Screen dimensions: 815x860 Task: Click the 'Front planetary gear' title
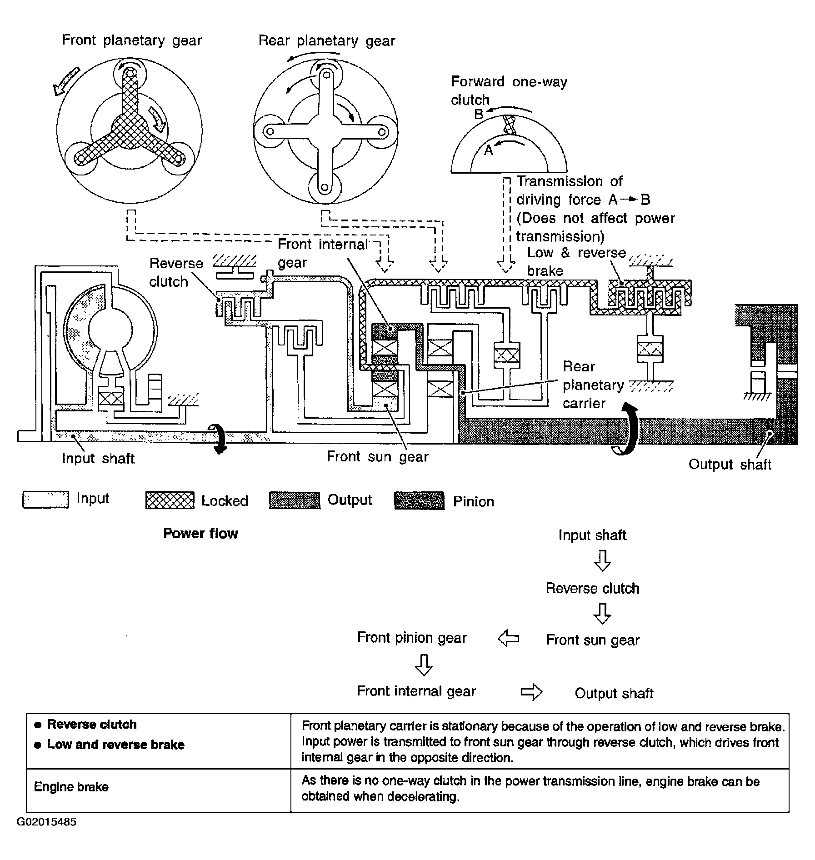click(x=132, y=40)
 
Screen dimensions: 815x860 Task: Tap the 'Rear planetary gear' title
click(x=327, y=41)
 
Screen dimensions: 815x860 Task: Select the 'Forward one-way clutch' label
click(x=509, y=91)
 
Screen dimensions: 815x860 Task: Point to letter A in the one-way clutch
click(x=488, y=150)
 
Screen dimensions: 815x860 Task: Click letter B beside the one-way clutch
click(x=479, y=115)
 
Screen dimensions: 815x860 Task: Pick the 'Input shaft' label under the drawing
click(x=98, y=458)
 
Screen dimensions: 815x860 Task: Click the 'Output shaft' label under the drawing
click(x=730, y=464)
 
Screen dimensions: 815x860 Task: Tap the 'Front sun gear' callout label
click(x=377, y=456)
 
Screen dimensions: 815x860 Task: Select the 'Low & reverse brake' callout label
click(x=576, y=262)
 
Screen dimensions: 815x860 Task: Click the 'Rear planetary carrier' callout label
click(x=593, y=385)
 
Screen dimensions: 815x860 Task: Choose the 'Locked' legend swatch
click(x=170, y=500)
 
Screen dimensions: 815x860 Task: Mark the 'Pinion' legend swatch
click(x=419, y=500)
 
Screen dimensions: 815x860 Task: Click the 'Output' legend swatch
click(x=295, y=500)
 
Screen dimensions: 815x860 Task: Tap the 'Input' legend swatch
click(x=45, y=500)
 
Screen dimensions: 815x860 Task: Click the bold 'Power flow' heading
click(x=200, y=533)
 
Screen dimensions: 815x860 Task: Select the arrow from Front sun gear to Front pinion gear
click(x=508, y=639)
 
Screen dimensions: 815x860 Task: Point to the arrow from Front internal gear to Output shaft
click(x=531, y=692)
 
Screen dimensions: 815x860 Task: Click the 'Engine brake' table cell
click(x=71, y=787)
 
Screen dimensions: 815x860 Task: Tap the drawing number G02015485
click(x=46, y=822)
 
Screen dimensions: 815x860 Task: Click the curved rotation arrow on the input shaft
click(x=219, y=439)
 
